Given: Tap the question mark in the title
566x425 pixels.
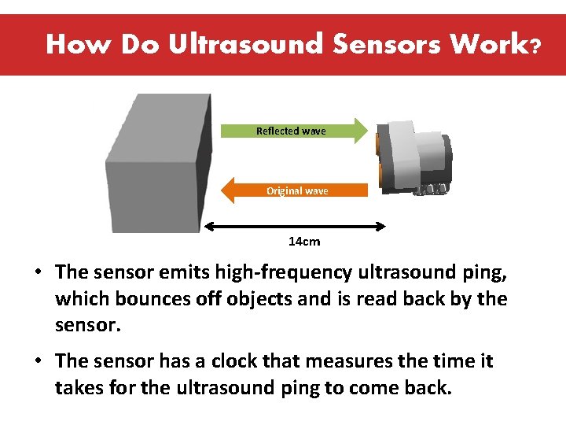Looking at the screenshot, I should point(535,46).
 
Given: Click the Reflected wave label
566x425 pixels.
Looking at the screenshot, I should point(291,131).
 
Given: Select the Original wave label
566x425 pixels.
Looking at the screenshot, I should point(297,190).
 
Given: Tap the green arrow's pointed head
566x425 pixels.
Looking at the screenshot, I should point(358,131).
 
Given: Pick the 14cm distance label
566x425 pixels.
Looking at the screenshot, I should point(304,242).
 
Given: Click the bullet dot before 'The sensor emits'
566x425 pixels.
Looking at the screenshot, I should point(38,273).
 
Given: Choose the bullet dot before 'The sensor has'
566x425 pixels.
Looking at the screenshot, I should point(38,362).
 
